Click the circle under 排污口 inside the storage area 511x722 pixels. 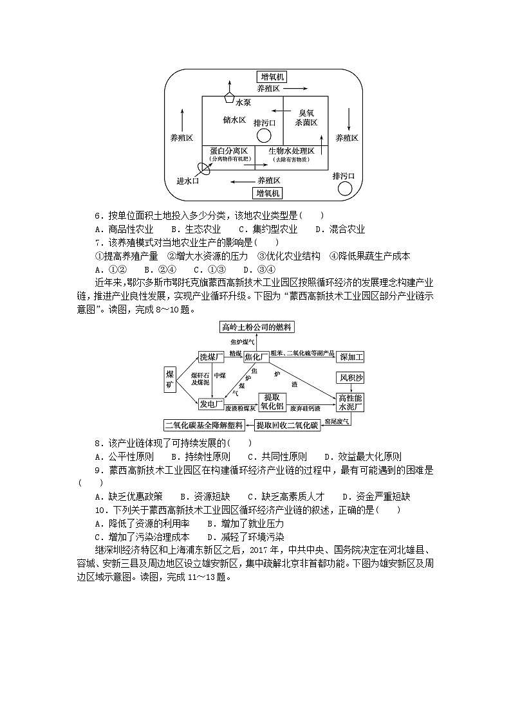click(x=264, y=135)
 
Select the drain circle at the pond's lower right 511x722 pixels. click(x=344, y=188)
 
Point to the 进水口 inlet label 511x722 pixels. click(x=188, y=181)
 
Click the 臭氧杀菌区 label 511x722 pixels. click(x=306, y=117)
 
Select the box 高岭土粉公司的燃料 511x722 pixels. click(x=256, y=327)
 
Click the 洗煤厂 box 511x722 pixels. click(x=210, y=356)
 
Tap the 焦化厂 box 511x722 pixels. click(x=256, y=356)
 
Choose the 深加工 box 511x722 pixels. click(x=351, y=356)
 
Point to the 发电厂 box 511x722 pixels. click(x=210, y=403)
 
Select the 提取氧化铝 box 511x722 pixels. click(x=272, y=401)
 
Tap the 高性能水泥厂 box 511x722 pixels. click(x=351, y=402)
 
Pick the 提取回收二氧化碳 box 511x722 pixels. click(x=287, y=425)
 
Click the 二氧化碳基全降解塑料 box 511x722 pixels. click(x=205, y=425)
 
